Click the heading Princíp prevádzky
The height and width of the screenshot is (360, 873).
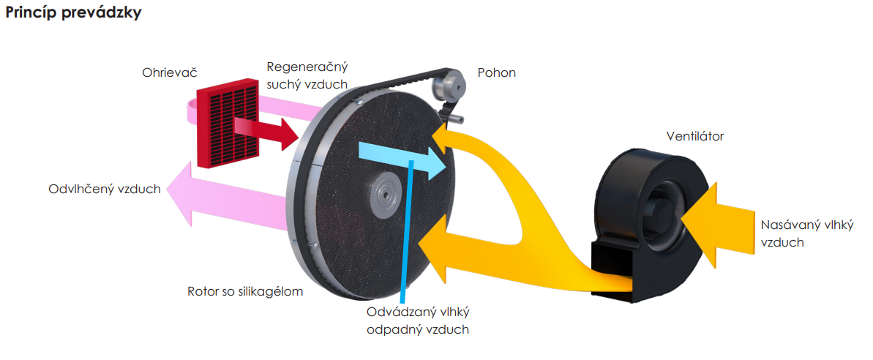(73, 13)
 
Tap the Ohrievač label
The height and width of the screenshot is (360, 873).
(170, 73)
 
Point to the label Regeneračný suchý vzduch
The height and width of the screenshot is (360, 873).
(307, 75)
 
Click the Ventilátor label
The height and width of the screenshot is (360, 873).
(694, 136)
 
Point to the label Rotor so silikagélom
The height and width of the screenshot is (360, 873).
(245, 291)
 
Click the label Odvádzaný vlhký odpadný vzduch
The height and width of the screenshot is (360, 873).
(417, 320)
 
